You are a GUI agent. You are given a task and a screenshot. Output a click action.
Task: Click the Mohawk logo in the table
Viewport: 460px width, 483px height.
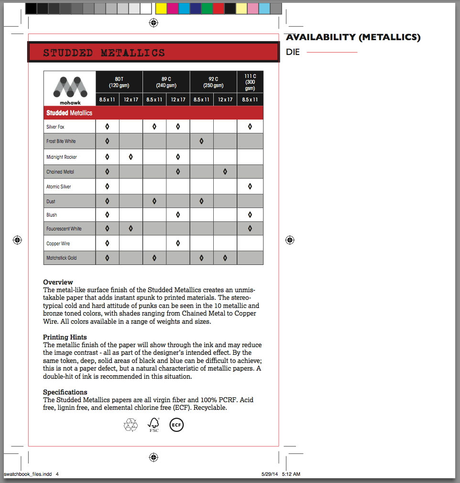70,89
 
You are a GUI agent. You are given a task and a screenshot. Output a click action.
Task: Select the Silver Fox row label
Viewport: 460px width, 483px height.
55,127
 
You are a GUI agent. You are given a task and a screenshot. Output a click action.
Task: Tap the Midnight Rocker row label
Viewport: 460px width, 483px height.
62,157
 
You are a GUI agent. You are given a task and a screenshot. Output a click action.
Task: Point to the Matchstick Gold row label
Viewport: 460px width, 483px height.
62,258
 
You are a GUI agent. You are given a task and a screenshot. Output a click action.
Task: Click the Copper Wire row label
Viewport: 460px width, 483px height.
58,244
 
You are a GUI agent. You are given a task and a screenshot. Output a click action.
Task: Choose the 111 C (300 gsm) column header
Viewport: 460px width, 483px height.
250,82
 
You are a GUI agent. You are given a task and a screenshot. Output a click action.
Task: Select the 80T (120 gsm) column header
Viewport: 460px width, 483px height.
119,82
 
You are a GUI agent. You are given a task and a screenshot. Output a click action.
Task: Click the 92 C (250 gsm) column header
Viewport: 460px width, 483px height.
213,82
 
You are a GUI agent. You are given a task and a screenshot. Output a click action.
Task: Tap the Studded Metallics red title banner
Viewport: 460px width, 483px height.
153,53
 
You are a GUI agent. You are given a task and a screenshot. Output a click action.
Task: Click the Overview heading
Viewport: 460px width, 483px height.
58,282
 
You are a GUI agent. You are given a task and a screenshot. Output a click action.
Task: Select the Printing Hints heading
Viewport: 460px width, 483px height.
65,337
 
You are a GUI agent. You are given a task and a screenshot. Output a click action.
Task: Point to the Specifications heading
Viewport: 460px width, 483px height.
65,392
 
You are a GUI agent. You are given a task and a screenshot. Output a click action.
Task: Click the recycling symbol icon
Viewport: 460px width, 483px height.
131,425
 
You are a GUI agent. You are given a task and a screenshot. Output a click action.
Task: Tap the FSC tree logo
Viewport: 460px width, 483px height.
153,425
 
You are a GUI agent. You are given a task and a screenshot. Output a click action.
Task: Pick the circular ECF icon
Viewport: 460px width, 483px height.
176,425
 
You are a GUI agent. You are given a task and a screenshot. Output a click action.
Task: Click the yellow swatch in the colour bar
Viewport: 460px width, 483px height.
161,8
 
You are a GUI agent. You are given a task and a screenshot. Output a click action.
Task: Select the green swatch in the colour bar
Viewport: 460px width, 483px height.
207,8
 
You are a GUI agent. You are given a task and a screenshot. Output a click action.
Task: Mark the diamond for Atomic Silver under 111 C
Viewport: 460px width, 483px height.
250,187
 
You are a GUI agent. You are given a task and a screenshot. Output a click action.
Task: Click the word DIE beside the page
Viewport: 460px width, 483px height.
293,52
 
